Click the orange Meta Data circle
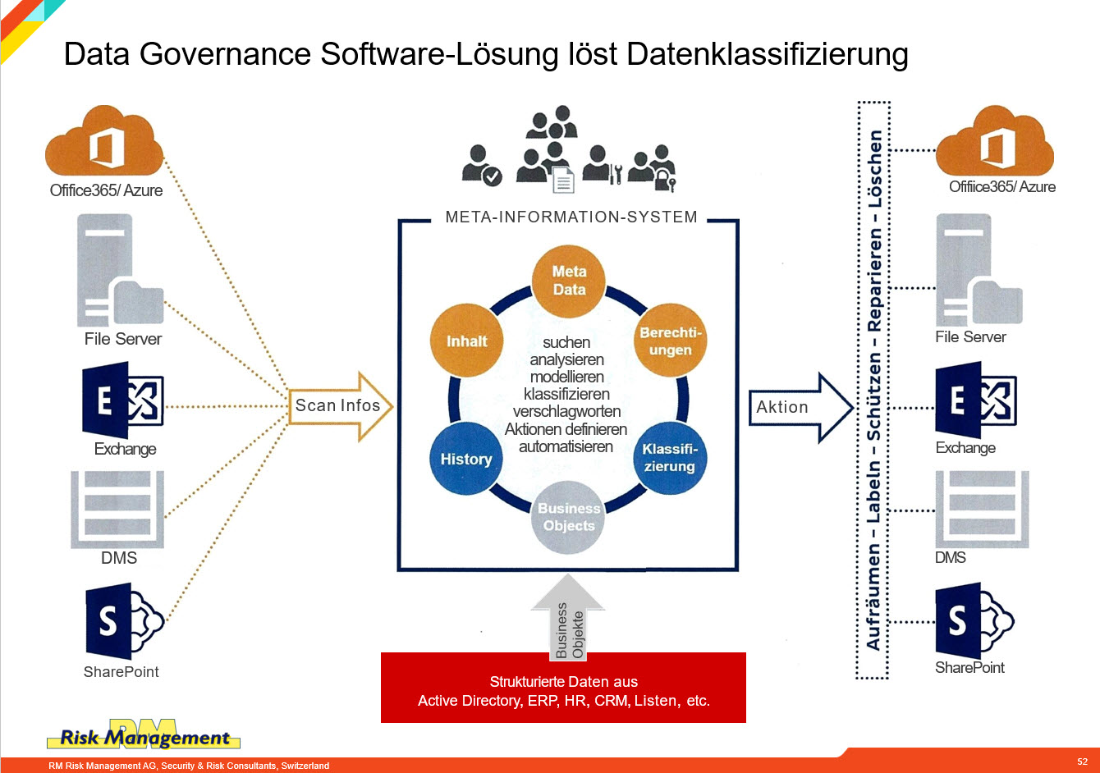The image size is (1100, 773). tap(569, 281)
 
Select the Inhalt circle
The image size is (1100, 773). tap(466, 341)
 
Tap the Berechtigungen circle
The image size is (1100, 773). tap(671, 341)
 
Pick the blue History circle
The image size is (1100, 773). tap(466, 459)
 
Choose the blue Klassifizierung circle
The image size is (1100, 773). tap(671, 458)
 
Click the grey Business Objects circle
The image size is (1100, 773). tap(568, 517)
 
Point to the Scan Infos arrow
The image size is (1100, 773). tap(341, 406)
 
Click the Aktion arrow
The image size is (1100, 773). tap(800, 407)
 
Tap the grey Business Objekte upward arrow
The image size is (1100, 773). tap(568, 617)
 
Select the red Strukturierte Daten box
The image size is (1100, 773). tap(563, 687)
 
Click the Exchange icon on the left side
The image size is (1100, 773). tap(123, 400)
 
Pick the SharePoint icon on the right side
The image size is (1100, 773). tap(974, 620)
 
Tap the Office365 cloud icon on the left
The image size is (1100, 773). tap(104, 140)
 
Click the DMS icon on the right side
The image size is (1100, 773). tap(982, 509)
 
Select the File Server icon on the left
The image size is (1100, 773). tap(120, 270)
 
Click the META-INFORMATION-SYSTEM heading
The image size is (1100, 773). tap(571, 217)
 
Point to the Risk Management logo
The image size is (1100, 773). tap(144, 734)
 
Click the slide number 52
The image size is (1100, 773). tap(1082, 762)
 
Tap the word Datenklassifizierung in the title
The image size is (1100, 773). tap(767, 54)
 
